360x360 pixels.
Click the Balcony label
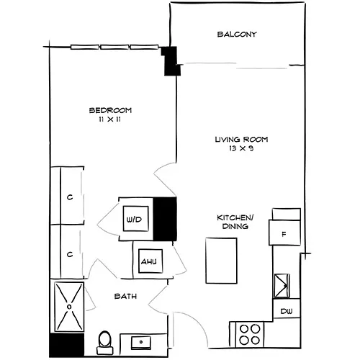237,35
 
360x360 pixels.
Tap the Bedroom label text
110,110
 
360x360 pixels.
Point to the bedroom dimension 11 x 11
110,120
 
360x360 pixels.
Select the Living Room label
241,140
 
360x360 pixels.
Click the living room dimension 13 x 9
241,148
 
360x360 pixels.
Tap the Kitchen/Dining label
235,222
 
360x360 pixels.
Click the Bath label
125,296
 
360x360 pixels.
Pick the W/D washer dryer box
135,219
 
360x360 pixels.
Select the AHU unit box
150,261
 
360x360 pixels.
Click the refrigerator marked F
284,233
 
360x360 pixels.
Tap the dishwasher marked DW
287,311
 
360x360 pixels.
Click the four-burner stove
250,335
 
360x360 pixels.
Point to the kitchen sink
282,286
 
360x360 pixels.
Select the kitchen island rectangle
221,261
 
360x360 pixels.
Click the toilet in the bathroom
105,342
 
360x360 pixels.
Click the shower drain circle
69,307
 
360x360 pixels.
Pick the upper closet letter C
70,197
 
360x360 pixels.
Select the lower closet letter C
70,254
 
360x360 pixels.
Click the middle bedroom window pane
114,47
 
